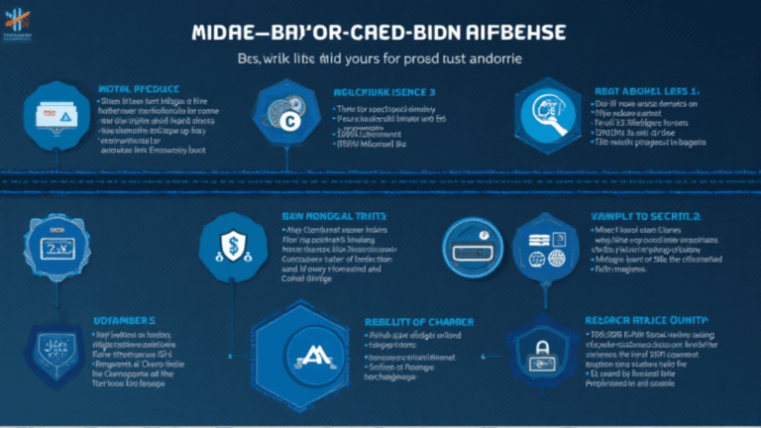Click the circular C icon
(288, 121)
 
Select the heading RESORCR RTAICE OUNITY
(647, 320)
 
